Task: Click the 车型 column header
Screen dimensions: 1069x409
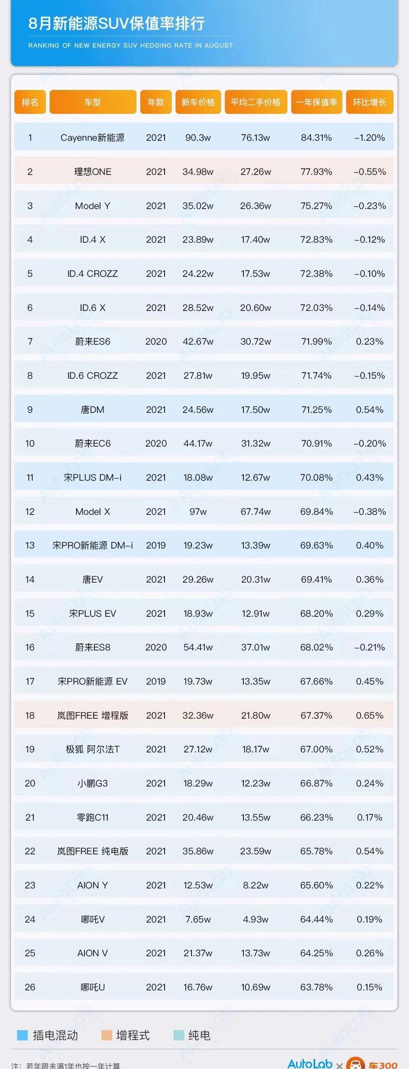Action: tap(93, 102)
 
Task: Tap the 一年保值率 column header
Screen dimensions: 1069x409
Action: tap(316, 102)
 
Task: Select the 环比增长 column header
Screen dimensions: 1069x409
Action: tap(370, 102)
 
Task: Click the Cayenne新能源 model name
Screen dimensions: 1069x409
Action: tap(93, 138)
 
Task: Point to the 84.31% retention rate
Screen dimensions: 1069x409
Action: tap(316, 138)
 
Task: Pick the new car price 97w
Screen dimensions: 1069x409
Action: tap(198, 512)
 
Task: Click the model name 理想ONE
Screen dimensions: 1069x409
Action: tap(93, 172)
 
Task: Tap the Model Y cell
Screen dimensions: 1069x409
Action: tap(93, 206)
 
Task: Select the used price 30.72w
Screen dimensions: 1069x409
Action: tap(255, 341)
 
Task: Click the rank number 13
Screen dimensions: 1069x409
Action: tap(30, 545)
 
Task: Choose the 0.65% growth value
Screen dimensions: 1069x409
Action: tap(370, 715)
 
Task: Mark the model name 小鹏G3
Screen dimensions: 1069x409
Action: tap(93, 783)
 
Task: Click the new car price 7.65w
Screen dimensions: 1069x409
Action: tap(198, 919)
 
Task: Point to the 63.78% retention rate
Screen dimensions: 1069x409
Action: tap(316, 987)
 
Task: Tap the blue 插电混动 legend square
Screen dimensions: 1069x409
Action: tap(22, 1035)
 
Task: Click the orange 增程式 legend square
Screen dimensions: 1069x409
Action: tap(106, 1035)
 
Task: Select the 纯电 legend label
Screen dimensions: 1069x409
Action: tap(199, 1035)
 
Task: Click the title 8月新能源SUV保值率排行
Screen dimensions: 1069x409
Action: tap(117, 23)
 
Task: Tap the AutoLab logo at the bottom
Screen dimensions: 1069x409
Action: tap(310, 1064)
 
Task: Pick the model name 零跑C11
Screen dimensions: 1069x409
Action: tap(93, 817)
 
